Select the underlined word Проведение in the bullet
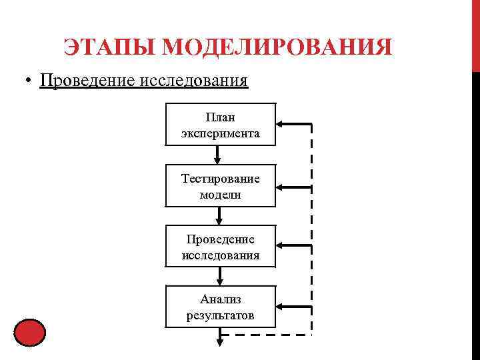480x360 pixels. tap(87, 81)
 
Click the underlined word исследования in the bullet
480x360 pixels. tap(193, 81)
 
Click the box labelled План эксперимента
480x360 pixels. tap(220, 124)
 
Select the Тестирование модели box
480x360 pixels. tap(220, 186)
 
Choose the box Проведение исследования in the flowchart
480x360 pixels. tap(220, 247)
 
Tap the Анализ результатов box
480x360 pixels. tap(220, 307)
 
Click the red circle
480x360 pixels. tap(29, 333)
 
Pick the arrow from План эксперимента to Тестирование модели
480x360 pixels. tap(217, 155)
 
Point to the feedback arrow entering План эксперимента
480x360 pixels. tap(293, 124)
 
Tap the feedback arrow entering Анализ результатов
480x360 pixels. tap(293, 307)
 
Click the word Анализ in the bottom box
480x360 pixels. tap(220, 299)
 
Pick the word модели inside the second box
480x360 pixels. tap(220, 195)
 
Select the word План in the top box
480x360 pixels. tap(220, 117)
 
